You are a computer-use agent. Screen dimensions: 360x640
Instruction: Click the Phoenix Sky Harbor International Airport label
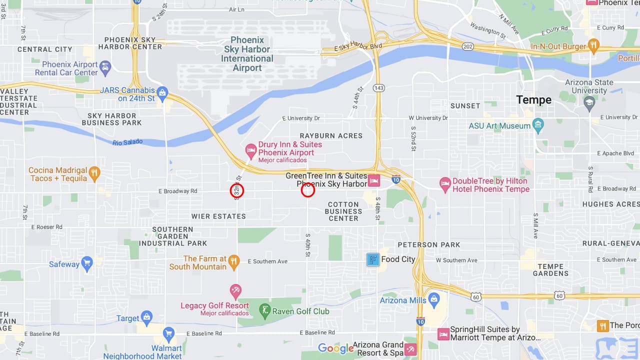247,54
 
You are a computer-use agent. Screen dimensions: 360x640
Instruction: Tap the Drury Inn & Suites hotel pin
251,149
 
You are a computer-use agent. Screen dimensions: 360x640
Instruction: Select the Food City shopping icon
372,259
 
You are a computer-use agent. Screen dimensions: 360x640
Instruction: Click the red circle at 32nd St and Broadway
237,190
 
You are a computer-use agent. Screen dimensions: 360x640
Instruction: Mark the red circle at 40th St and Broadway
308,190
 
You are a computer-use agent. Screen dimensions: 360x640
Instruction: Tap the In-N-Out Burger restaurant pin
593,46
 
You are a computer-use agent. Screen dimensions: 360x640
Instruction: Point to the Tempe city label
534,100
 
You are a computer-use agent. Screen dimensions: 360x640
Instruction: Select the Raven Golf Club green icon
265,311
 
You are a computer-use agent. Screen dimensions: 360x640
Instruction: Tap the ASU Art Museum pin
538,125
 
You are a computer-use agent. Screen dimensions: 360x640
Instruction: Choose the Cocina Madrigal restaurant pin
94,173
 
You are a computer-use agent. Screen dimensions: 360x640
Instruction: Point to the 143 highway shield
379,88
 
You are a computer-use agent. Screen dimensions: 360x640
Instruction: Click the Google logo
336,348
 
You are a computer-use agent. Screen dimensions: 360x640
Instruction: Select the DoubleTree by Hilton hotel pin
445,184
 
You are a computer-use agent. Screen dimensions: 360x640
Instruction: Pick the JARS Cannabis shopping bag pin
162,93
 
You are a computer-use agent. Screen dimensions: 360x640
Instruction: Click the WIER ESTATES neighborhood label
218,216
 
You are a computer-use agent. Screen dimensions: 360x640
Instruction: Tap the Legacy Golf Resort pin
235,290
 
